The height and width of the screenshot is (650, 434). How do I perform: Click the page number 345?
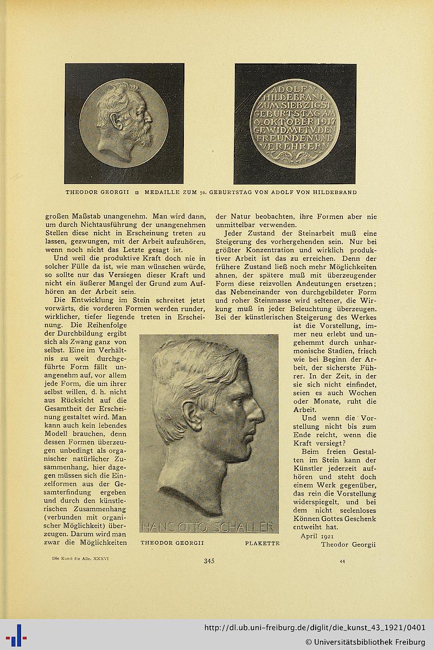tap(209, 561)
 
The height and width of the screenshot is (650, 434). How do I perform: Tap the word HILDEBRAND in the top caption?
tap(333, 192)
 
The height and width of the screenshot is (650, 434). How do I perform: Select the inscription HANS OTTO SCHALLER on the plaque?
tap(208, 527)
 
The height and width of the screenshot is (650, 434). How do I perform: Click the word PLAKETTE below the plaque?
tap(262, 543)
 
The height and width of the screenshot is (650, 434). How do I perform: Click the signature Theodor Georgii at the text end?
tap(348, 544)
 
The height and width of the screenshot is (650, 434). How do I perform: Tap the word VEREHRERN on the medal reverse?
tap(295, 146)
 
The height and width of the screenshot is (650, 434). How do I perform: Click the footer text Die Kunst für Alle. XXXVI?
tap(72, 557)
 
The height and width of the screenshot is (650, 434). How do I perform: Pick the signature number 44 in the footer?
tap(342, 562)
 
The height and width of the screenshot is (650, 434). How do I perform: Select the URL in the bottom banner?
tap(315, 628)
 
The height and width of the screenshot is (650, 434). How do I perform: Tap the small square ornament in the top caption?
tap(137, 192)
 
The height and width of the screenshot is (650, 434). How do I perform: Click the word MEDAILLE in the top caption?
tap(162, 192)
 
